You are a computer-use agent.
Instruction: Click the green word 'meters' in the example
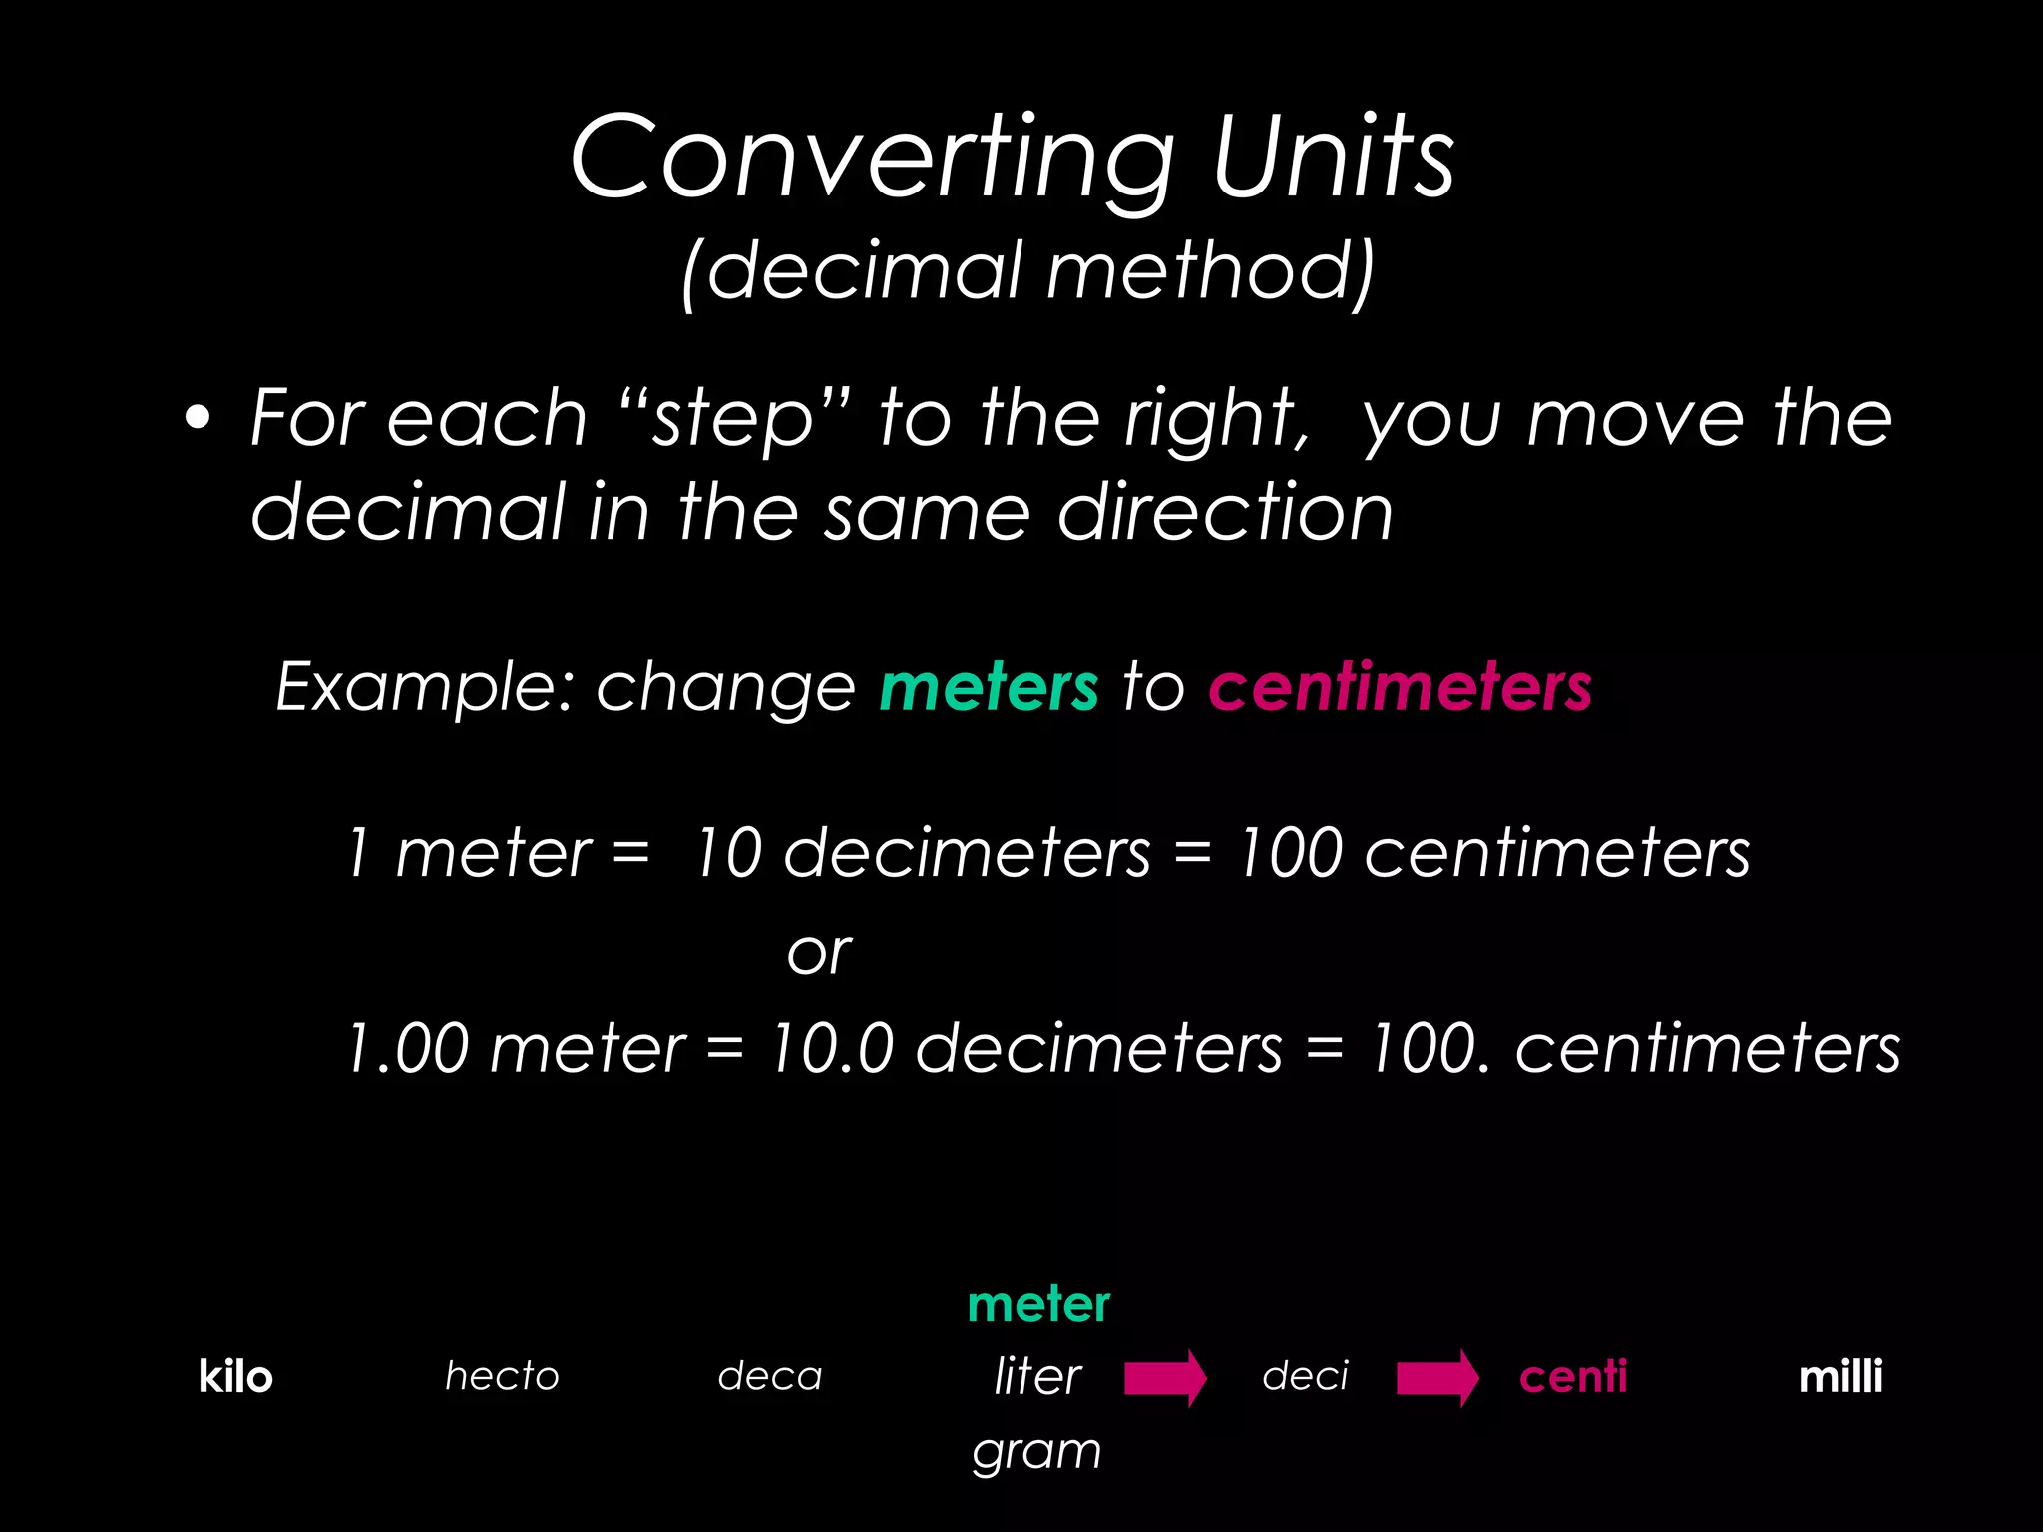(x=989, y=687)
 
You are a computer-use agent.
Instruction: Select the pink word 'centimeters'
(x=1400, y=687)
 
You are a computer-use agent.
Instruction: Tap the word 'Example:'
(x=425, y=687)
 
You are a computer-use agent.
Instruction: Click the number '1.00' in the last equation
(x=407, y=1049)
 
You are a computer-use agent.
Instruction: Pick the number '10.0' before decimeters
(x=832, y=1049)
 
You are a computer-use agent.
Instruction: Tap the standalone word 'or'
(x=819, y=954)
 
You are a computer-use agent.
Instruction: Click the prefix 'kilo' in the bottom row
(x=235, y=1377)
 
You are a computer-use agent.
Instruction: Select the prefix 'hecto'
(x=502, y=1377)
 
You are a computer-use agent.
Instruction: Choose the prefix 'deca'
(x=770, y=1377)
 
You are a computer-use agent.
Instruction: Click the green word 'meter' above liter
(x=1038, y=1305)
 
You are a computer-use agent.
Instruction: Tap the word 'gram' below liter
(x=1037, y=1451)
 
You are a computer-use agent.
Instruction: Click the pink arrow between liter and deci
(x=1165, y=1378)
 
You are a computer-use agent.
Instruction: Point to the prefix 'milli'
(x=1840, y=1377)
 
